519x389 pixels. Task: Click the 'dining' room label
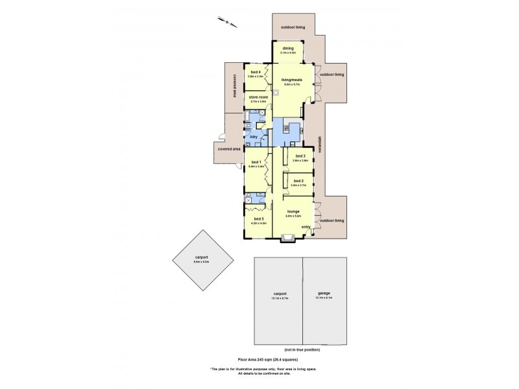coord(288,48)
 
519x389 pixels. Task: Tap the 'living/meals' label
coord(291,80)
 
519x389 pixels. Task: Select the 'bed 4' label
coord(255,72)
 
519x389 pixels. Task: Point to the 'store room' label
coord(258,97)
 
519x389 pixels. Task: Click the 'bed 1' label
coord(255,162)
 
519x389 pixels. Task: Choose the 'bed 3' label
coord(300,156)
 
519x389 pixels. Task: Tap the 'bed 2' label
coord(298,181)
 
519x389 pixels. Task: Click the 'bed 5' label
coord(259,219)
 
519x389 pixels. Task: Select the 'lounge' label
coord(293,211)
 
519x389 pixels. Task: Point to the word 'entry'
coord(306,226)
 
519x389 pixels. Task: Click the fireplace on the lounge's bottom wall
coord(287,241)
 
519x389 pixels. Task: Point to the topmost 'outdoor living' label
coord(292,27)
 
